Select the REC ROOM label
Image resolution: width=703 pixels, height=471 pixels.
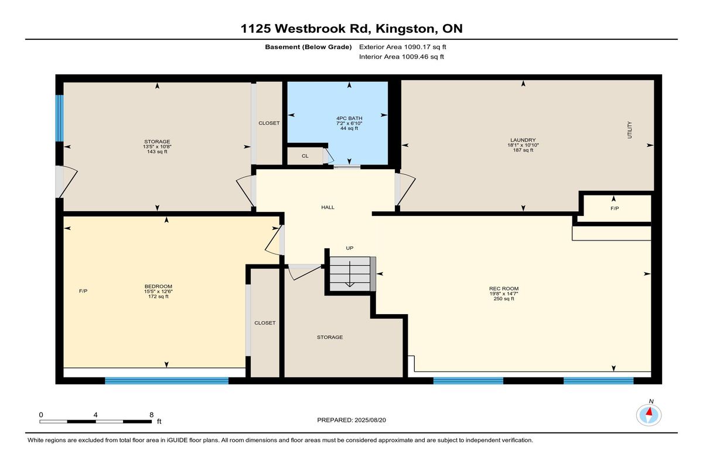tap(504, 288)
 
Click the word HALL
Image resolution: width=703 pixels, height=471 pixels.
tap(328, 207)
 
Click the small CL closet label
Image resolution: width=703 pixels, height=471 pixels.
tap(305, 156)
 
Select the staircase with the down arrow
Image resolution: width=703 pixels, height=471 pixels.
tap(350, 273)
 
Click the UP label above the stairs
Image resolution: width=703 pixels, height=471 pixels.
tap(350, 248)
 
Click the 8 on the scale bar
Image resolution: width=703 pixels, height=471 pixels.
tap(151, 414)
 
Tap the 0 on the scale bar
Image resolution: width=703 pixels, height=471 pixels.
tap(41, 414)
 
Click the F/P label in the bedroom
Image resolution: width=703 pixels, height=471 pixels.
tap(84, 291)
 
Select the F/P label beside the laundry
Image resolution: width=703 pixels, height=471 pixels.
tap(614, 208)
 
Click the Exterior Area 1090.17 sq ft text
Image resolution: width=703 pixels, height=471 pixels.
tap(407, 47)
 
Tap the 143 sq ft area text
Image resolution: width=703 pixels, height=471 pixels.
tap(158, 151)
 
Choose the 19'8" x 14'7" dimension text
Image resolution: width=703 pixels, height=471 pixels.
tap(504, 294)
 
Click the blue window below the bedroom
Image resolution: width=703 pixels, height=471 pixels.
tap(166, 381)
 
